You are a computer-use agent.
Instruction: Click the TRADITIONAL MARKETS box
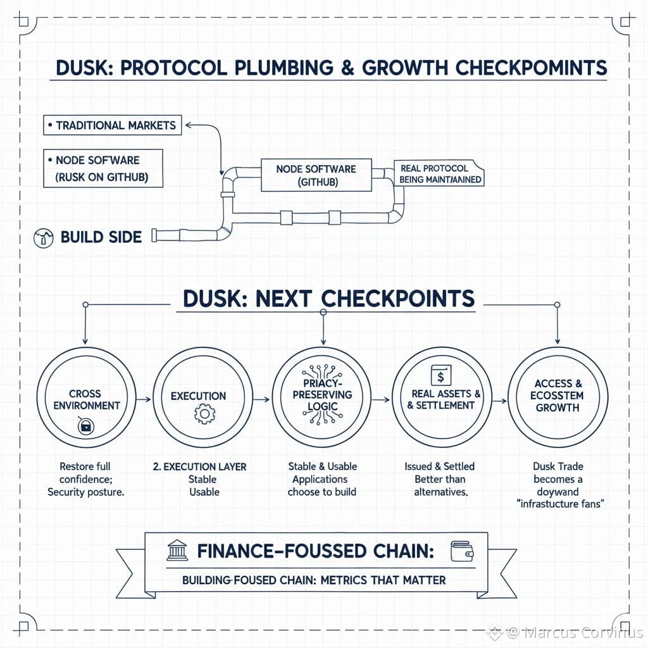tap(112, 125)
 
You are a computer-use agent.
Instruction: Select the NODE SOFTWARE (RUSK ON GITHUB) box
tap(103, 168)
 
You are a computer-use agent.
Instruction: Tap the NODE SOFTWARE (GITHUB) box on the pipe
tap(316, 175)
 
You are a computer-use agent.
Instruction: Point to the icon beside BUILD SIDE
tap(42, 237)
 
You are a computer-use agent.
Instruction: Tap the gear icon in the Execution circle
tap(204, 415)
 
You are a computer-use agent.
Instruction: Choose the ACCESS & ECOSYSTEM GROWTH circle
tap(558, 396)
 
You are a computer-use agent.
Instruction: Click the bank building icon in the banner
tap(177, 551)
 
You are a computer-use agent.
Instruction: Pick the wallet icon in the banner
tap(461, 549)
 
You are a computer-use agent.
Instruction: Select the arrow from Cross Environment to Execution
tap(144, 399)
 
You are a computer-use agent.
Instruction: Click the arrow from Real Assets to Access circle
tap(499, 400)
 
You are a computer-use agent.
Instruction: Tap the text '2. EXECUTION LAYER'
tap(200, 466)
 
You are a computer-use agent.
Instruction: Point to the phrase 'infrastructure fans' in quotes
tap(557, 504)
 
